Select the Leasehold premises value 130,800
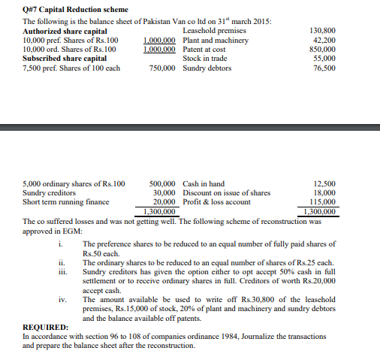coord(322,32)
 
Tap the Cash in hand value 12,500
coord(324,183)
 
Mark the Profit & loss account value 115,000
coord(322,201)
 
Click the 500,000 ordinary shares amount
coord(163,183)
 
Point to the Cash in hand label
coord(204,183)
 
